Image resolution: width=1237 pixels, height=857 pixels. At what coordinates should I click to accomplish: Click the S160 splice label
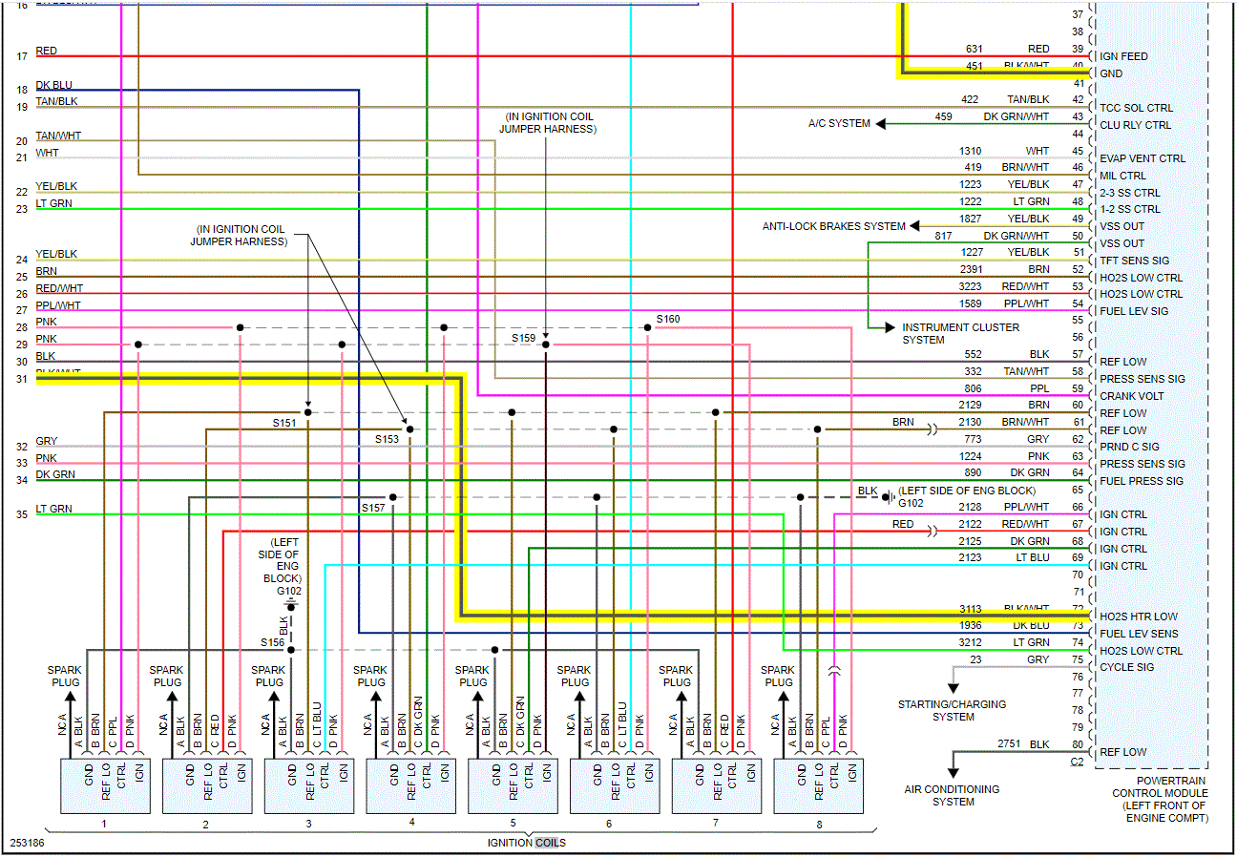point(668,319)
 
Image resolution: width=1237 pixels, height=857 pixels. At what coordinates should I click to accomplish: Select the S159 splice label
point(523,338)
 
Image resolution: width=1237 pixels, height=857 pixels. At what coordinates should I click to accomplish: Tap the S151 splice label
point(284,422)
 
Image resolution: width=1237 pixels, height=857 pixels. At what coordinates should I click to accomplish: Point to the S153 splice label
point(387,439)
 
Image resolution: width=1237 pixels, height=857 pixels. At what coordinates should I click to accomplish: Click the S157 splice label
point(373,508)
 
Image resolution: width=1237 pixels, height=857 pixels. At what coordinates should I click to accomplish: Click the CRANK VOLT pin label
point(1131,396)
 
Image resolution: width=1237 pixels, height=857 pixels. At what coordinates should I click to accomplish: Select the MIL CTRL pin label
point(1123,176)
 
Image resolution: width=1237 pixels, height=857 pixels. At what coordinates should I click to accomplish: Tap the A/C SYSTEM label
point(839,123)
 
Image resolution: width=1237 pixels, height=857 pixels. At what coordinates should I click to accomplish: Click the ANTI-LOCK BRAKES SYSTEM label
point(833,226)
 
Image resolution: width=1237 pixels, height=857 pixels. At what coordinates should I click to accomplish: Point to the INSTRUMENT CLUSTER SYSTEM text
point(960,333)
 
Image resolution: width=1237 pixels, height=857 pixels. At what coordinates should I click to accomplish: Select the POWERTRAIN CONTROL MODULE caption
point(1159,799)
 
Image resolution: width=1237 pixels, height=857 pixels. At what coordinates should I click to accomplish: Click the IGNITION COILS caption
point(526,843)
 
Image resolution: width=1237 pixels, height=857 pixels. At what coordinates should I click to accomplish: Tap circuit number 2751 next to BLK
point(1010,743)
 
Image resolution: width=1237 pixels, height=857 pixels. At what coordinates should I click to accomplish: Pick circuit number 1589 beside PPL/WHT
point(971,303)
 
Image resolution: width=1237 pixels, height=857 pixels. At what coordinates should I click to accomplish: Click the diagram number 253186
point(27,844)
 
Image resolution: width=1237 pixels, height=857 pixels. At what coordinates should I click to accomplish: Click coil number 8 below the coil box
point(819,823)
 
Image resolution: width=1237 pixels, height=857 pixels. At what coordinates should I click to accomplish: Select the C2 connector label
point(1077,761)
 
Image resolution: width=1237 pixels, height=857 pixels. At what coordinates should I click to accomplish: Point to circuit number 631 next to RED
point(974,49)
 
